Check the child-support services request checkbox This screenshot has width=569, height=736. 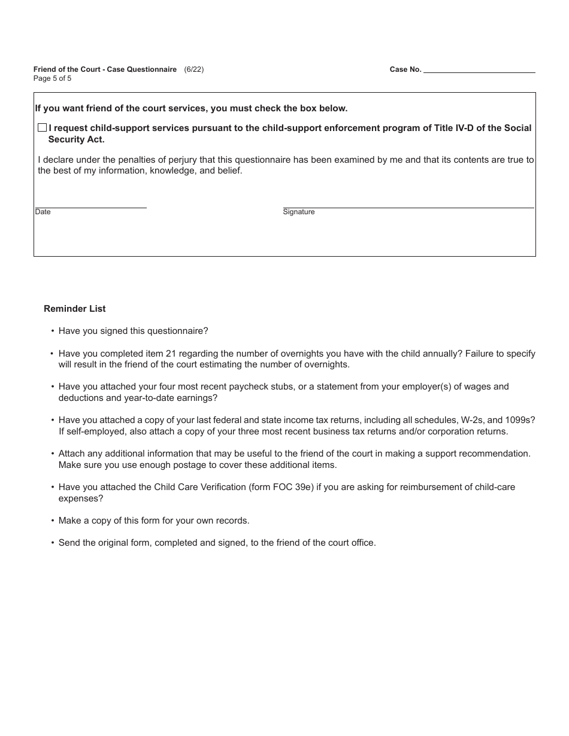click(42, 127)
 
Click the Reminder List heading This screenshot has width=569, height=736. click(75, 309)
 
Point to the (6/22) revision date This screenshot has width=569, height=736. click(194, 69)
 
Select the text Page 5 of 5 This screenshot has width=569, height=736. click(53, 78)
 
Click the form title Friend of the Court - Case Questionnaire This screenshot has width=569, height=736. click(105, 69)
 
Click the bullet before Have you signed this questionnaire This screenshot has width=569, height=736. click(53, 331)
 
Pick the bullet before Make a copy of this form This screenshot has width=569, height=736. click(53, 521)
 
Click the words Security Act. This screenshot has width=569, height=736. click(76, 139)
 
